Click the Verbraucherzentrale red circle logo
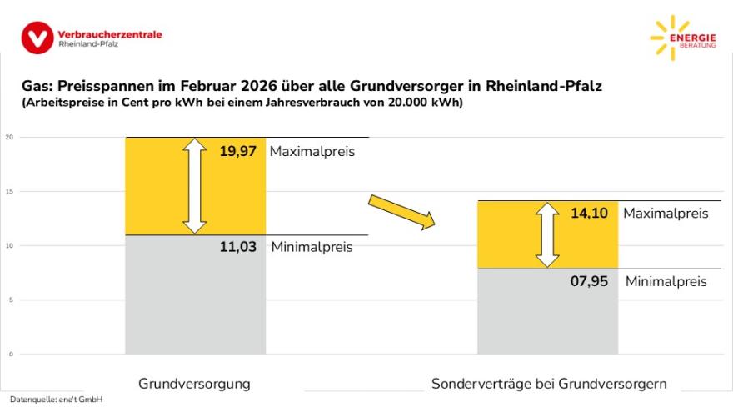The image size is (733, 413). click(x=37, y=38)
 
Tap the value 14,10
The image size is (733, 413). click(x=589, y=213)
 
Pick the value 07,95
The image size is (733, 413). click(x=589, y=281)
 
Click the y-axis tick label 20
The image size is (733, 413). click(x=9, y=137)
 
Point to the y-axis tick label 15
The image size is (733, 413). click(x=9, y=191)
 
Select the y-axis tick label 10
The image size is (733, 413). click(x=9, y=245)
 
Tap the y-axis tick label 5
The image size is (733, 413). click(x=11, y=300)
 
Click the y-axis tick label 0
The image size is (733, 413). click(x=11, y=354)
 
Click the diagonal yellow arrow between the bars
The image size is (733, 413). click(x=402, y=211)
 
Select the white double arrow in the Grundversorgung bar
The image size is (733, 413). click(x=195, y=185)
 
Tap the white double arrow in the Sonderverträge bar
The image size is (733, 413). click(x=547, y=234)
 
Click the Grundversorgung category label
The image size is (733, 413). click(x=194, y=384)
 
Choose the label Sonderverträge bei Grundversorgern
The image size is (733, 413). click(x=549, y=384)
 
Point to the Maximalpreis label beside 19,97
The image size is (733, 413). click(x=312, y=152)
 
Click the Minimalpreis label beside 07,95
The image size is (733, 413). click(x=666, y=281)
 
